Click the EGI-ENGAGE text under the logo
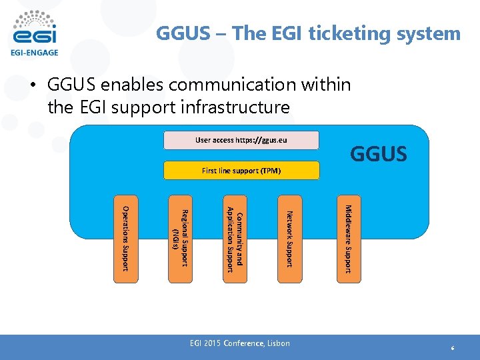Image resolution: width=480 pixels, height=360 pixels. coord(34,52)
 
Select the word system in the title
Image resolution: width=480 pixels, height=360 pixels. coord(427,33)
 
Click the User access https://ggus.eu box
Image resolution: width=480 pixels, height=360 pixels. coord(241,140)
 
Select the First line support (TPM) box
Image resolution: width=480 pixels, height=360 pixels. coord(241,171)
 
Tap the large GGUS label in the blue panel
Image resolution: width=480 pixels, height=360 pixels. coord(378,155)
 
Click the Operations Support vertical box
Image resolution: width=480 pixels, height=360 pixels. coord(125,239)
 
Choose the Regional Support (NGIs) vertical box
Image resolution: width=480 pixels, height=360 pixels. coord(180,239)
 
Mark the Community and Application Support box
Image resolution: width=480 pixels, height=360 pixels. coord(235,239)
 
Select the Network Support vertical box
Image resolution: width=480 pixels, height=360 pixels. coord(290,239)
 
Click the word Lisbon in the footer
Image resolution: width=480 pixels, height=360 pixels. coord(278,343)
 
